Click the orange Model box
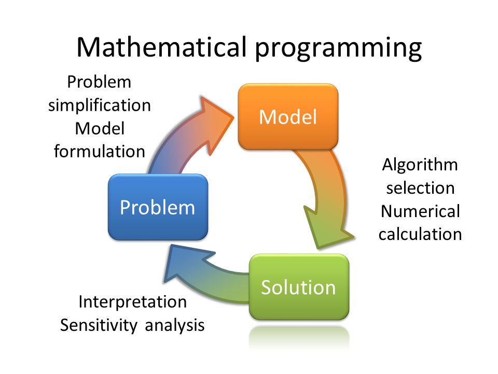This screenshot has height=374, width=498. [x=288, y=116]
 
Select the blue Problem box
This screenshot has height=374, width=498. [x=158, y=207]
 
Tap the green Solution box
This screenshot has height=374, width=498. [x=299, y=287]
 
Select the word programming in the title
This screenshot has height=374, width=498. [x=339, y=49]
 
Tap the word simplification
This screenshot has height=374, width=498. [x=100, y=105]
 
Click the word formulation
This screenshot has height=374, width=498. [x=100, y=151]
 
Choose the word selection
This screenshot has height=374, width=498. [x=420, y=188]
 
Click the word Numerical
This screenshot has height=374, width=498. [x=420, y=211]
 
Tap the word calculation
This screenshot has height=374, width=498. [x=420, y=234]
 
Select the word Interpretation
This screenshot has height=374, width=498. [x=132, y=302]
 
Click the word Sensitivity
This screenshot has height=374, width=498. [x=99, y=325]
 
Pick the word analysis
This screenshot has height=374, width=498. [x=175, y=325]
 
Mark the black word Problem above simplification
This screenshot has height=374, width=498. [x=99, y=82]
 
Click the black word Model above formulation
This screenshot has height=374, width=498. [x=100, y=129]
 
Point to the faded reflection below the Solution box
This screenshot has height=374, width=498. [x=299, y=338]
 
